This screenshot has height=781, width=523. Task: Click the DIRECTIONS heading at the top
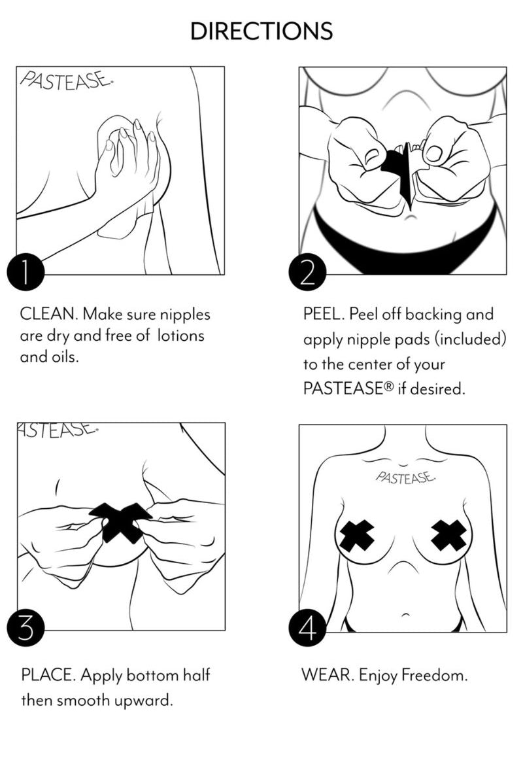pos(261,31)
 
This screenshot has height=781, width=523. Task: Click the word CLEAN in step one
pos(49,314)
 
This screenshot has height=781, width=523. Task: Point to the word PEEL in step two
pos(324,314)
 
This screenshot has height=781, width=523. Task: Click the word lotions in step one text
pos(181,336)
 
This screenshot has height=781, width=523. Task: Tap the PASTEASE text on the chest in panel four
pos(405,477)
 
